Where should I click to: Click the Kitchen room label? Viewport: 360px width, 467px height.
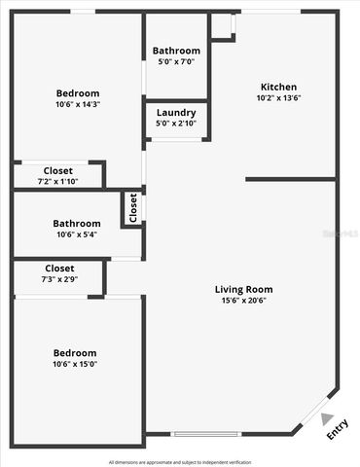tap(278, 87)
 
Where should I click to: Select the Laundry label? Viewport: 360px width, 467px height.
tap(176, 113)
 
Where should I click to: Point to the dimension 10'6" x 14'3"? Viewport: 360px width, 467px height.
tap(77, 104)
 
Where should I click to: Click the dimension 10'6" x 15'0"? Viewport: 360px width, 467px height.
tap(75, 364)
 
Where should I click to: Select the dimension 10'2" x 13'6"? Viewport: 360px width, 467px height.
tap(278, 97)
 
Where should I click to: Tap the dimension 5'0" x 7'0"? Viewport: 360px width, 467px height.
tap(176, 61)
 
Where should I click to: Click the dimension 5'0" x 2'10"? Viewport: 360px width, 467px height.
tap(176, 124)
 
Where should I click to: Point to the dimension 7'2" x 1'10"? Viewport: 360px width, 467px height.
tap(58, 181)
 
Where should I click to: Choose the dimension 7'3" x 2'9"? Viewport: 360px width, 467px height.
tap(59, 279)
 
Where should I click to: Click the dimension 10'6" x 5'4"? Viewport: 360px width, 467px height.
tap(77, 234)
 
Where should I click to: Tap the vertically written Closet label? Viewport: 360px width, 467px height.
tap(133, 207)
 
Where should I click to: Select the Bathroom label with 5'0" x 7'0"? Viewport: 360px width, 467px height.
tap(176, 51)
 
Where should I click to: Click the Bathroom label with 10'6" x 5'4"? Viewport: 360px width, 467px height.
tap(77, 224)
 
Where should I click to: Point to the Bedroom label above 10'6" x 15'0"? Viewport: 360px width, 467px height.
tap(75, 352)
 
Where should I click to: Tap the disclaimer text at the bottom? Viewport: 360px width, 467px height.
tap(180, 461)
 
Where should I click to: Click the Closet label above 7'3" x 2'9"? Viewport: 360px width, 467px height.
tap(59, 269)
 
